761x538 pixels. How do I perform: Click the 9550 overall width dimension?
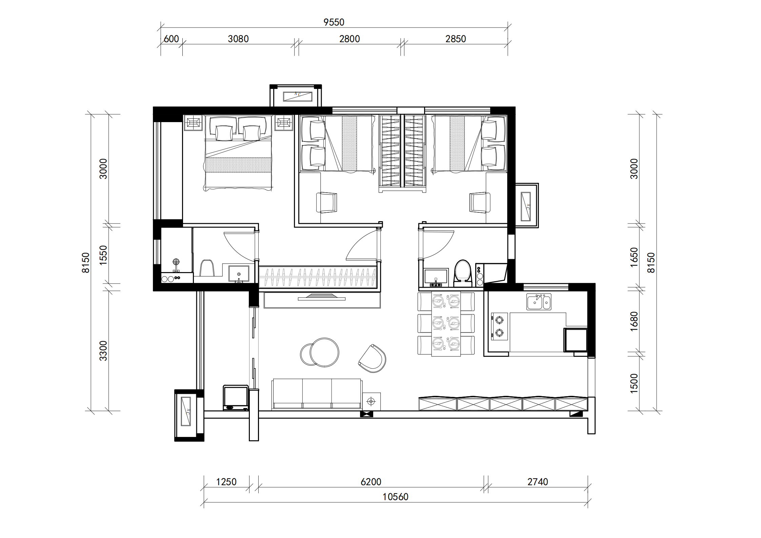tap(334, 22)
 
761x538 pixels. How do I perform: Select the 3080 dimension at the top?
tap(238, 39)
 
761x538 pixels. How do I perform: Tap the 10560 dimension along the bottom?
tap(396, 497)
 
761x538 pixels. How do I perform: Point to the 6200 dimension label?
tap(371, 482)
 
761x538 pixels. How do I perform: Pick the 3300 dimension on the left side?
tap(103, 351)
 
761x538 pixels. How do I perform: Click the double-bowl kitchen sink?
tap(539, 302)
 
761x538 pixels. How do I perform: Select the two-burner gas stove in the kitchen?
tap(499, 326)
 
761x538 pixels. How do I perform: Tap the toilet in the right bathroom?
tap(463, 271)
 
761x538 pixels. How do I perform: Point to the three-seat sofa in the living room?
tap(317, 393)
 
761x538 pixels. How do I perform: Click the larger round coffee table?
tap(324, 352)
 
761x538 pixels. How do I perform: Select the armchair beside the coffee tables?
tap(372, 359)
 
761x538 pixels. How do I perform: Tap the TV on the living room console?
tap(321, 297)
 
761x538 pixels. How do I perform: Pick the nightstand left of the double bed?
tap(194, 123)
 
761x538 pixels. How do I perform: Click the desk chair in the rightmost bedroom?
tap(480, 203)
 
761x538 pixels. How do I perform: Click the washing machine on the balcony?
tap(236, 398)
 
